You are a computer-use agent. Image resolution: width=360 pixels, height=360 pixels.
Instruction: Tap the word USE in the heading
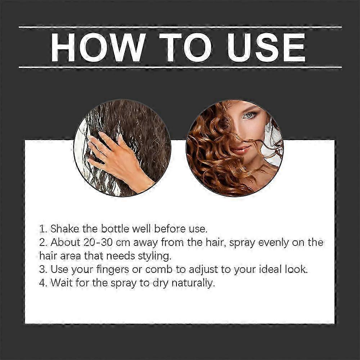(266, 48)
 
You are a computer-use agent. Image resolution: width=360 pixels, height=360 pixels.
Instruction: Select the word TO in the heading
(185, 48)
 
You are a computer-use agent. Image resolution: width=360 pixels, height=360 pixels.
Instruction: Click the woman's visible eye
(249, 114)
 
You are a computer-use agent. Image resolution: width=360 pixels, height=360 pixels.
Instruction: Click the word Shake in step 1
(65, 229)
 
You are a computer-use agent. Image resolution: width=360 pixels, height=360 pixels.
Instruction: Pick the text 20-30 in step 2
(98, 242)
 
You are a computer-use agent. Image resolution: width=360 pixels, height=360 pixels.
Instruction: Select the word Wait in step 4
(62, 283)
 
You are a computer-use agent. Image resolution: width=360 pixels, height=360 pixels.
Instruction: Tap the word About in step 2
(65, 242)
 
